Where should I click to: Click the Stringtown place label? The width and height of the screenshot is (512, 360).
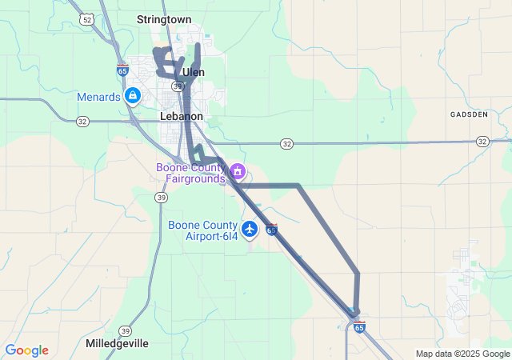click(x=164, y=18)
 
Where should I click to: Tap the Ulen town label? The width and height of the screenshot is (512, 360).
click(x=194, y=72)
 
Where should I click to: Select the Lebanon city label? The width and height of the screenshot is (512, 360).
click(x=182, y=116)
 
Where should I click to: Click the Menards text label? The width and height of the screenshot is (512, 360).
click(x=98, y=97)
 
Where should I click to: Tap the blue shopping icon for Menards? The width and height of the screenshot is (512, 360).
click(x=133, y=97)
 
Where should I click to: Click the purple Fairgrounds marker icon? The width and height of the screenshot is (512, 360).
click(x=237, y=171)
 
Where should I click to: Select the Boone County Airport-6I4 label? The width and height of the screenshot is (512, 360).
click(x=203, y=230)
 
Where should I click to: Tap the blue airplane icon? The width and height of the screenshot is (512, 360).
click(x=250, y=230)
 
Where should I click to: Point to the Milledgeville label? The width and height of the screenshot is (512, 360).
click(x=117, y=343)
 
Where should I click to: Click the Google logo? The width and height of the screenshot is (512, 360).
click(x=26, y=350)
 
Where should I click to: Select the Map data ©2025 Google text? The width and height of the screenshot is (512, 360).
click(x=462, y=354)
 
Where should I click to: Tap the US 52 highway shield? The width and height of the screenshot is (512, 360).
click(x=86, y=17)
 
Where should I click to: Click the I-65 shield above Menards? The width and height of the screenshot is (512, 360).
click(x=122, y=70)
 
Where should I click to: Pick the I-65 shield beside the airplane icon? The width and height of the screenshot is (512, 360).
click(x=272, y=230)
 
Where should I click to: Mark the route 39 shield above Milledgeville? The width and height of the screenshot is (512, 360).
click(x=125, y=330)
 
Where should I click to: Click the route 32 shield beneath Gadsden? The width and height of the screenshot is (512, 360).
click(x=482, y=141)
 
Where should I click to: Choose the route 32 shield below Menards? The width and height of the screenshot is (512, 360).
click(x=82, y=122)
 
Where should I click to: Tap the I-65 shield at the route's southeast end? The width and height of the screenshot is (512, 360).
click(x=359, y=326)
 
